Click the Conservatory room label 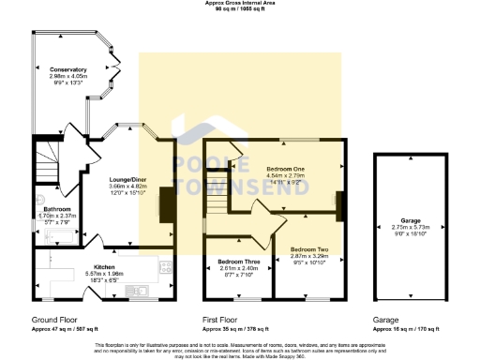[68, 69]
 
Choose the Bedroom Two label [308, 248]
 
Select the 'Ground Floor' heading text [52, 320]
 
